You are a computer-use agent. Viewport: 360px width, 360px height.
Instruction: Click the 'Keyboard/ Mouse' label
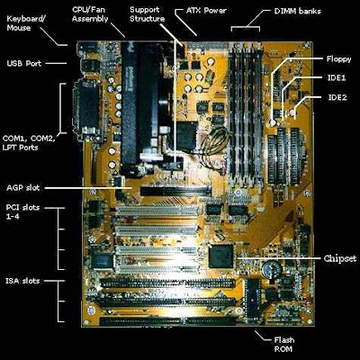(x=26, y=23)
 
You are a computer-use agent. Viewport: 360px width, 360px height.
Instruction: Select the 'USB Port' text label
(x=24, y=63)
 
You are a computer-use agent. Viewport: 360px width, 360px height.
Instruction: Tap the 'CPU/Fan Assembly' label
(x=90, y=14)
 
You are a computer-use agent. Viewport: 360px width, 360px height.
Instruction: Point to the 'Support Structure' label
(x=148, y=14)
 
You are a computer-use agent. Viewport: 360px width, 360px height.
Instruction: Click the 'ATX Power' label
(x=206, y=11)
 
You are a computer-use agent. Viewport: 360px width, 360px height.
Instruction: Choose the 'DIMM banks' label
(x=298, y=12)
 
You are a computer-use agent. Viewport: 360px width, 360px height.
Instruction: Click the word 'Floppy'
(x=338, y=59)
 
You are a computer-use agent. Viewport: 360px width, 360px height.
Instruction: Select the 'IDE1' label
(x=337, y=78)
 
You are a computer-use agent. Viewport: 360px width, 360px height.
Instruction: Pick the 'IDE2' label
(x=337, y=97)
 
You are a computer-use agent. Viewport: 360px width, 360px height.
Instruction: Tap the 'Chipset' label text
(x=340, y=258)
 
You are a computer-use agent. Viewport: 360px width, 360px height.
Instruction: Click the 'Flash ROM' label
(x=283, y=345)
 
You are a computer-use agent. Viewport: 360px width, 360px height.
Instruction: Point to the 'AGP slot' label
(x=23, y=188)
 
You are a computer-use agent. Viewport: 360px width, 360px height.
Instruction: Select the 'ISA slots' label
(x=22, y=281)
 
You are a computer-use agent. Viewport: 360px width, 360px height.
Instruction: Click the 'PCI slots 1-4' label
(x=22, y=211)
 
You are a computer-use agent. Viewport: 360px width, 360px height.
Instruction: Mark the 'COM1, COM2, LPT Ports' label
(x=29, y=143)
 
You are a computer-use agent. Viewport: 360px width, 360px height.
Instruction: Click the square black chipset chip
(x=221, y=256)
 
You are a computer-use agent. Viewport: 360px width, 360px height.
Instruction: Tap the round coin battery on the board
(x=272, y=268)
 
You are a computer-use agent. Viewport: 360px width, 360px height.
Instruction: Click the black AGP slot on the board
(x=175, y=191)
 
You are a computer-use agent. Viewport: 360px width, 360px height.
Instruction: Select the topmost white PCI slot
(x=157, y=211)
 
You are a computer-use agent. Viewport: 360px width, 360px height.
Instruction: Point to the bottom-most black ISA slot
(x=168, y=321)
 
